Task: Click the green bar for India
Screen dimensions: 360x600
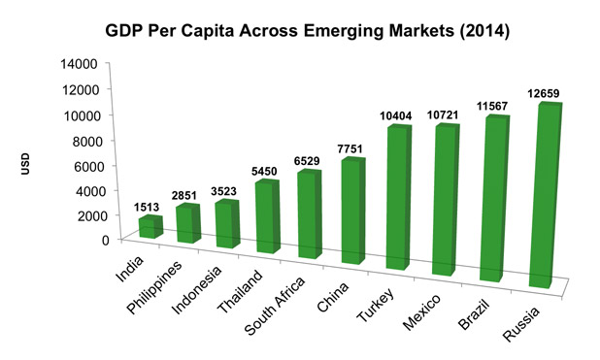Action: [x=147, y=227]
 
